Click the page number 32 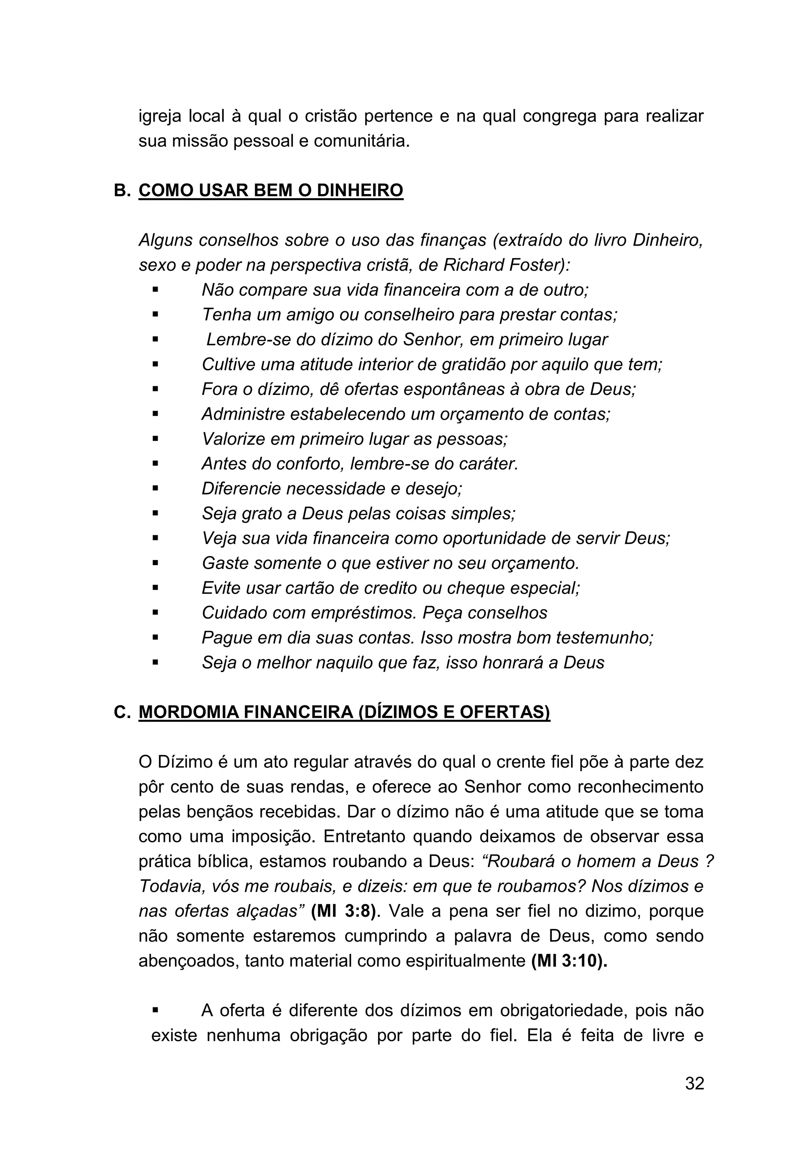point(694,1098)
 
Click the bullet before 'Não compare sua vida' point(155,290)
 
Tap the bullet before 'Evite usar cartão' point(155,588)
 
